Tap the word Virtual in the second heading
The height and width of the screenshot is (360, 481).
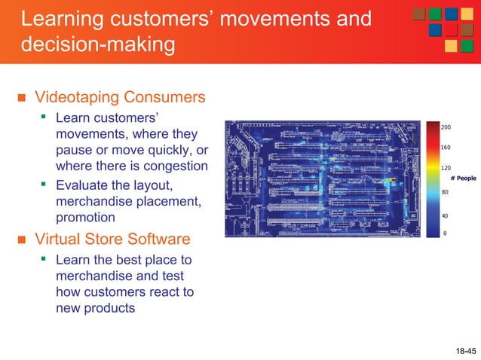click(59, 239)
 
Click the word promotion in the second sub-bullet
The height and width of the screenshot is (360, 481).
click(85, 217)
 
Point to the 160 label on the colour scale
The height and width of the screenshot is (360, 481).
click(446, 148)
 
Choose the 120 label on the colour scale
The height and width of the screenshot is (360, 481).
click(446, 169)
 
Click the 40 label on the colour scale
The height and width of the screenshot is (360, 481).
click(444, 215)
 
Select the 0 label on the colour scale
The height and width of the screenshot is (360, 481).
click(444, 233)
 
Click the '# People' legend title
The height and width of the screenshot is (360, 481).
click(463, 178)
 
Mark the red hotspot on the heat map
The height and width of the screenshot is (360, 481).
click(393, 180)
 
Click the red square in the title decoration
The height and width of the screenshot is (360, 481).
click(450, 30)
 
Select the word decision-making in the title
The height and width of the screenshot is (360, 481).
click(97, 44)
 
